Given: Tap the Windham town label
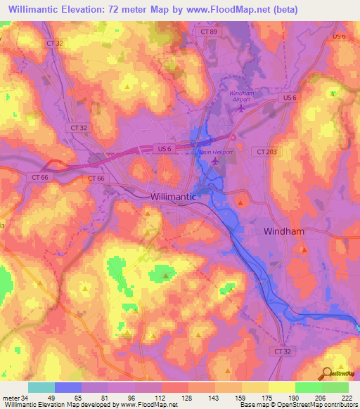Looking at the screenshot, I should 285,231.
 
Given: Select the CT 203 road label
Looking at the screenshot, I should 266,151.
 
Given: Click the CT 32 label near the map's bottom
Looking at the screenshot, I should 282,350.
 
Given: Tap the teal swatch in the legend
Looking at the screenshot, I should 41,387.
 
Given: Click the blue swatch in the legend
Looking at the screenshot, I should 68,387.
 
